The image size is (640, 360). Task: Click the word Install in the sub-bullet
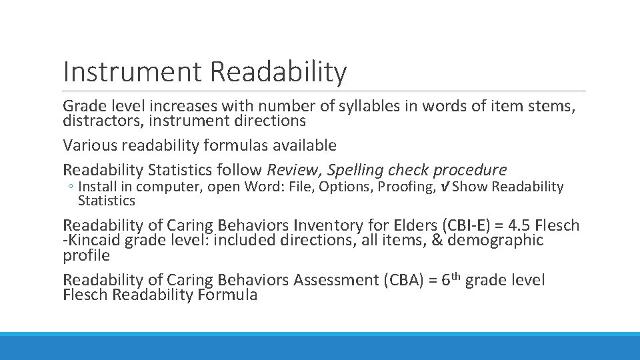coord(97,187)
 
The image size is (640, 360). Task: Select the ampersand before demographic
coord(437,240)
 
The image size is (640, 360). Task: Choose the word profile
coord(86,255)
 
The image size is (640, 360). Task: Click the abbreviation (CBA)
coord(402,280)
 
